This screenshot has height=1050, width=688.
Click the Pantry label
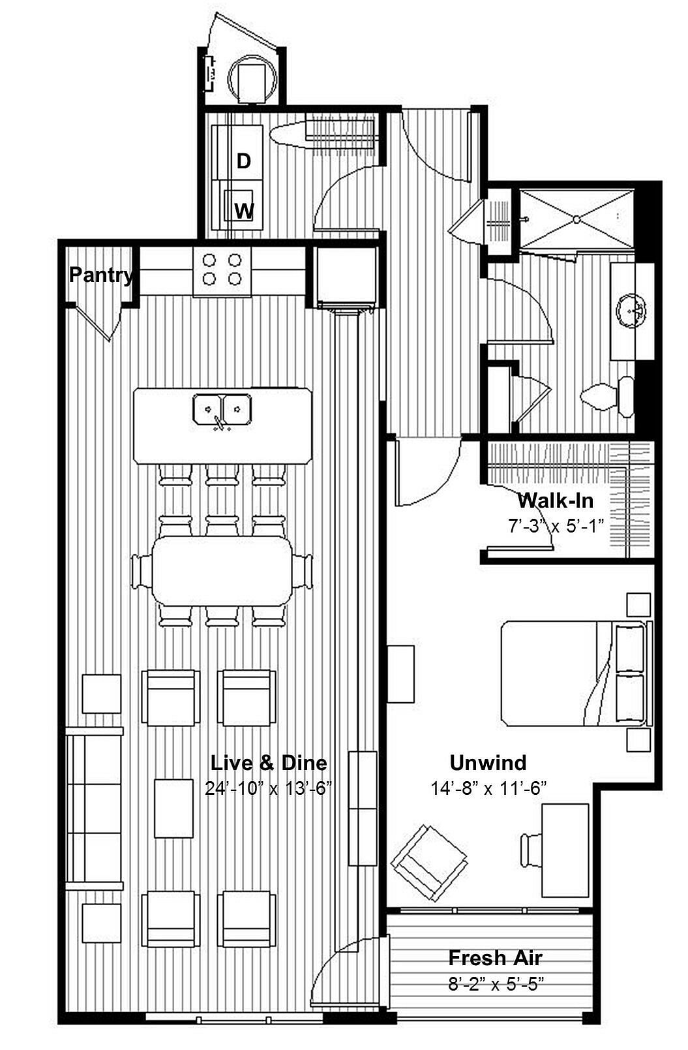pyautogui.click(x=101, y=275)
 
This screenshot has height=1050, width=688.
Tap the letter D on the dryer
pyautogui.click(x=243, y=161)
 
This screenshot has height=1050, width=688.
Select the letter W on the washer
pyautogui.click(x=244, y=211)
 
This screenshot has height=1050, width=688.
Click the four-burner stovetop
pyautogui.click(x=222, y=270)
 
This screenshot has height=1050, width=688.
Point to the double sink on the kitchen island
pyautogui.click(x=222, y=410)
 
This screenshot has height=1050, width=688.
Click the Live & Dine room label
pyautogui.click(x=269, y=763)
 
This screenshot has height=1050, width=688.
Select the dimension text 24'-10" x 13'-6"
pyautogui.click(x=269, y=788)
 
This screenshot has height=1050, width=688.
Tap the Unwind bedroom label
pyautogui.click(x=488, y=763)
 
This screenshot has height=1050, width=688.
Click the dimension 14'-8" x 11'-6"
pyautogui.click(x=488, y=788)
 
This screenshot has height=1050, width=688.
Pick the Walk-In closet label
pyautogui.click(x=556, y=501)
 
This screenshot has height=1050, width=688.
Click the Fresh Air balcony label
pyautogui.click(x=495, y=958)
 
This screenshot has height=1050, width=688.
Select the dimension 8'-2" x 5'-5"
pyautogui.click(x=496, y=983)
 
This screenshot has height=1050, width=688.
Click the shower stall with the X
pyautogui.click(x=576, y=219)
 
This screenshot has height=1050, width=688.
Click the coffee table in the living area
pyautogui.click(x=173, y=808)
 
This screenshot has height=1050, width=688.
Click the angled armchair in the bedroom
pyautogui.click(x=429, y=863)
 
